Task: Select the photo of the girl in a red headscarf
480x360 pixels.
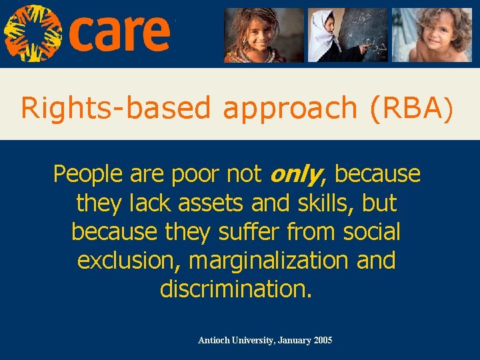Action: tap(263, 35)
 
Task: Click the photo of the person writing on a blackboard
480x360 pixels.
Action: tap(347, 35)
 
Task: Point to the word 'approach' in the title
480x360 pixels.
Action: tap(290, 108)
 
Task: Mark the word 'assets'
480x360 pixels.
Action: tap(219, 203)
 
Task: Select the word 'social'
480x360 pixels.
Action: tap(369, 232)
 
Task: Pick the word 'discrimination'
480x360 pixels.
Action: tap(235, 289)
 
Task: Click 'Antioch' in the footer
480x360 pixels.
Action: tap(214, 341)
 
